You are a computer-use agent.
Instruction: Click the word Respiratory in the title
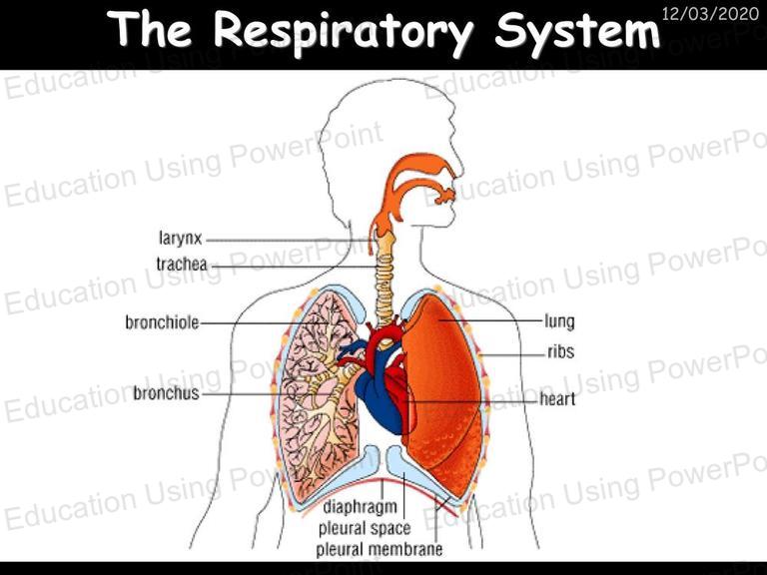pyautogui.click(x=344, y=29)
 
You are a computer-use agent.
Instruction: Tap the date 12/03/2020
pyautogui.click(x=710, y=13)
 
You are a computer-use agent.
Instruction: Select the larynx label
pyautogui.click(x=180, y=239)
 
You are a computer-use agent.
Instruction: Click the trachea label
pyautogui.click(x=182, y=265)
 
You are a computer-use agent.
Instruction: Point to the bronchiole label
pyautogui.click(x=162, y=322)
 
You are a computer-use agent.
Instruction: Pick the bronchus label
pyautogui.click(x=167, y=392)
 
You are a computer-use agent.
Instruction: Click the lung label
pyautogui.click(x=559, y=322)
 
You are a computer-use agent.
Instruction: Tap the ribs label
pyautogui.click(x=560, y=351)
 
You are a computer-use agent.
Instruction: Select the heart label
pyautogui.click(x=557, y=399)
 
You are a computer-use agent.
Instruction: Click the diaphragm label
pyautogui.click(x=360, y=507)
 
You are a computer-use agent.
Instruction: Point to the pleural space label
pyautogui.click(x=365, y=528)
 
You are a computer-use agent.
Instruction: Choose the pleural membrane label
pyautogui.click(x=380, y=549)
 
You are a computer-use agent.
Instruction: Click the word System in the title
pyautogui.click(x=577, y=30)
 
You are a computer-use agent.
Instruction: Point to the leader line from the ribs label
pyautogui.click(x=513, y=353)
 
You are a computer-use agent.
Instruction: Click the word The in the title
pyautogui.click(x=150, y=28)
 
